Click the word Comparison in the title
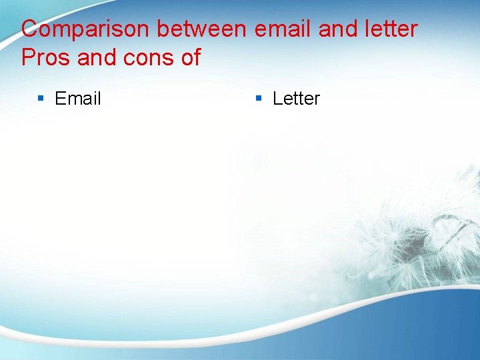click(86, 29)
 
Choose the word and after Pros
click(96, 58)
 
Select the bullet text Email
click(78, 99)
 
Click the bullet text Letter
click(296, 99)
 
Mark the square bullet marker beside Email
click(41, 99)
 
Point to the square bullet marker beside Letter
click(259, 99)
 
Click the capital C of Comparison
click(30, 29)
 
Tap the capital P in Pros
click(28, 58)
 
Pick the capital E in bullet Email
click(60, 99)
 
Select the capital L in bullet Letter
click(277, 99)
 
